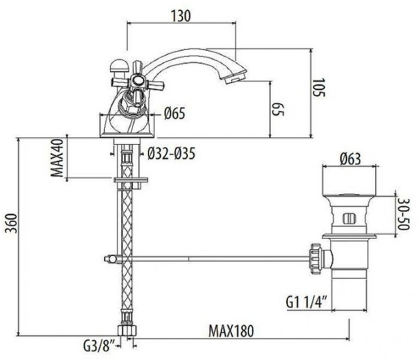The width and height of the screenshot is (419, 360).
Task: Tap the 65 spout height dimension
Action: [277, 108]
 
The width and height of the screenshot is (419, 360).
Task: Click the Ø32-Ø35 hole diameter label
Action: [172, 154]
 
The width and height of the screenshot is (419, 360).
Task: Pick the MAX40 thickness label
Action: [57, 158]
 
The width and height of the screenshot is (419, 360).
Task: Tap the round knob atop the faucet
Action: [117, 65]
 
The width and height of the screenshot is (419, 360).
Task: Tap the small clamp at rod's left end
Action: [111, 258]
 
